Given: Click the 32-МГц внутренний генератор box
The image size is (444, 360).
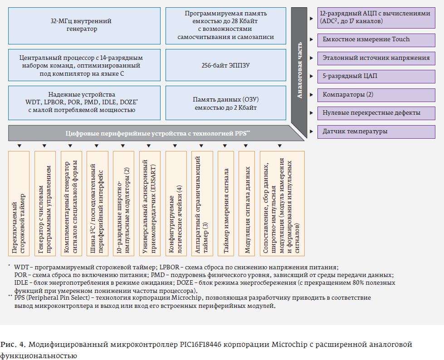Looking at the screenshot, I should click(81, 25).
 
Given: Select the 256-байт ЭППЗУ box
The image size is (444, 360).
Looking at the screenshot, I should click(226, 65).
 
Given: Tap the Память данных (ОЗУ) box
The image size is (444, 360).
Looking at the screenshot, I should click(226, 103).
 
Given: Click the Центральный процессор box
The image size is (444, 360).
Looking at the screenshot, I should click(81, 65).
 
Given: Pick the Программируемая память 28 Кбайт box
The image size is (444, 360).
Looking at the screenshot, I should click(226, 25).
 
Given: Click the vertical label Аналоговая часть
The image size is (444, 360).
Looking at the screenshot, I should click(299, 68).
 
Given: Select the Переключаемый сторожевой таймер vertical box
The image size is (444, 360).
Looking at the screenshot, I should click(19, 204).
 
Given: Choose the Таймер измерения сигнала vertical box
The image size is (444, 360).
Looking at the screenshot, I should click(225, 204).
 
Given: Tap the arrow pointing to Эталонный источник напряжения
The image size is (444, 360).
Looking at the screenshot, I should click(311, 58).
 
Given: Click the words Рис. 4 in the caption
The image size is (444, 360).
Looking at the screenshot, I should click(14, 345).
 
